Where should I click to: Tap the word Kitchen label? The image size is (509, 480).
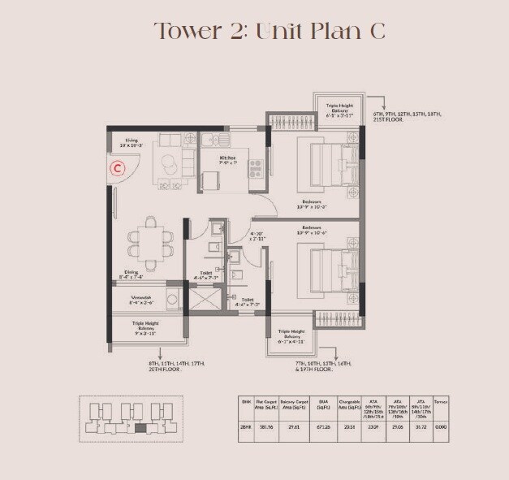226,158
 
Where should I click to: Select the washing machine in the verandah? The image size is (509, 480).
173,299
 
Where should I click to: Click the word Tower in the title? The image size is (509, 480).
187,31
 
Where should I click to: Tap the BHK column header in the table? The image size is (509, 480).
244,400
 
